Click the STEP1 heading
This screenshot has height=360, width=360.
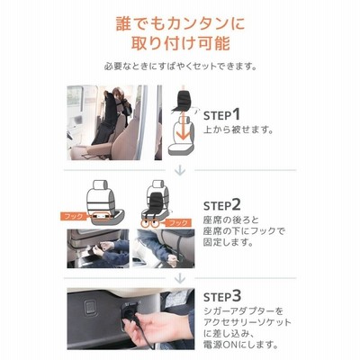coord(222,115)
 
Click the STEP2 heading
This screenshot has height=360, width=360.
coord(222,205)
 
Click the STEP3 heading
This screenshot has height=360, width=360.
coord(222,296)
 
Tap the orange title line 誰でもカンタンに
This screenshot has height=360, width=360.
coord(180,24)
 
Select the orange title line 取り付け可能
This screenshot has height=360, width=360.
coord(180,43)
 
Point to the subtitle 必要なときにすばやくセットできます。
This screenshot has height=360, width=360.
coord(180,67)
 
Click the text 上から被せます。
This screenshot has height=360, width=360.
coord(238,130)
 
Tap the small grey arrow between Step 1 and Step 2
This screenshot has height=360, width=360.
coord(180,170)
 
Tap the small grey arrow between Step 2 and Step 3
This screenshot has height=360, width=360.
coord(180,278)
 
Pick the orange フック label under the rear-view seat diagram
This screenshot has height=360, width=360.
coord(74,216)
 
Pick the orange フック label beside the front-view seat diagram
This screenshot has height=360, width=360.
coord(178,222)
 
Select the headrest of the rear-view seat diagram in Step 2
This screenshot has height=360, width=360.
coord(100,185)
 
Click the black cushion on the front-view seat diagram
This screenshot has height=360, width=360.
coord(156,205)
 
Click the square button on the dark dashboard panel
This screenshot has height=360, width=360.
coord(90,307)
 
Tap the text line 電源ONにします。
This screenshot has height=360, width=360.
coord(241,344)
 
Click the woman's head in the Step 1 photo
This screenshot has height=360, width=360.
coord(118,93)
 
